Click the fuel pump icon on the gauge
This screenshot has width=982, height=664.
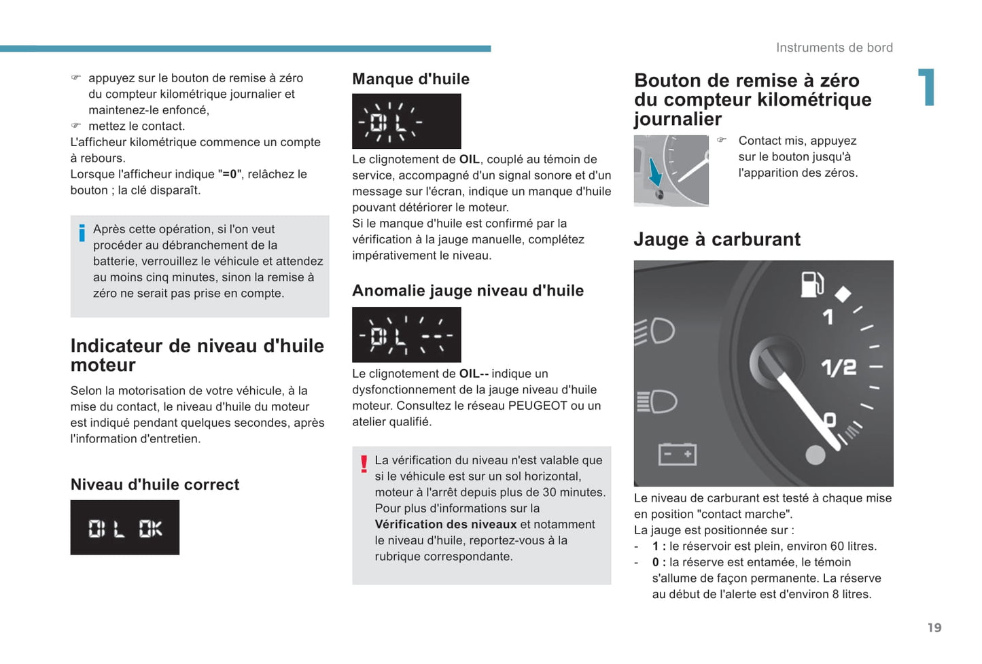coord(811,284)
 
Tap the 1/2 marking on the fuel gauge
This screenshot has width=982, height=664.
coord(839,368)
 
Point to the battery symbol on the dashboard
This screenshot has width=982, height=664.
coord(677,454)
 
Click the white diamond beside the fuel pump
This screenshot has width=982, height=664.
coord(843,294)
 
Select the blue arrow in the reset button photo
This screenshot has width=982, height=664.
coord(655,172)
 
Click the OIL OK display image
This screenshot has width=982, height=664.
coord(125,527)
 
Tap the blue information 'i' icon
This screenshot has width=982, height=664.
coord(82,233)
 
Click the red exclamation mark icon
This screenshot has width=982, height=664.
coord(364,464)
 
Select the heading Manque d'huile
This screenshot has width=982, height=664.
coord(410,79)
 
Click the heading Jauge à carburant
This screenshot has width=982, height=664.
coord(716,239)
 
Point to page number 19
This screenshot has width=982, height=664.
coord(934,627)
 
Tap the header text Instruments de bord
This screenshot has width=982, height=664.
coord(834,48)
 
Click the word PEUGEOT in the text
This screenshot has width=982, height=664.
coord(537,406)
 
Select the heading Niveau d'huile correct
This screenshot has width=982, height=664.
coord(155,485)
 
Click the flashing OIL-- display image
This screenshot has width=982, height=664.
coord(406,334)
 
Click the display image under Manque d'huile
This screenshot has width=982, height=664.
coord(406,121)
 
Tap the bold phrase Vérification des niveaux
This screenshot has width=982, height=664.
coord(446,524)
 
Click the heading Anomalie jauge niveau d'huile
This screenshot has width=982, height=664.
coord(468,291)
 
